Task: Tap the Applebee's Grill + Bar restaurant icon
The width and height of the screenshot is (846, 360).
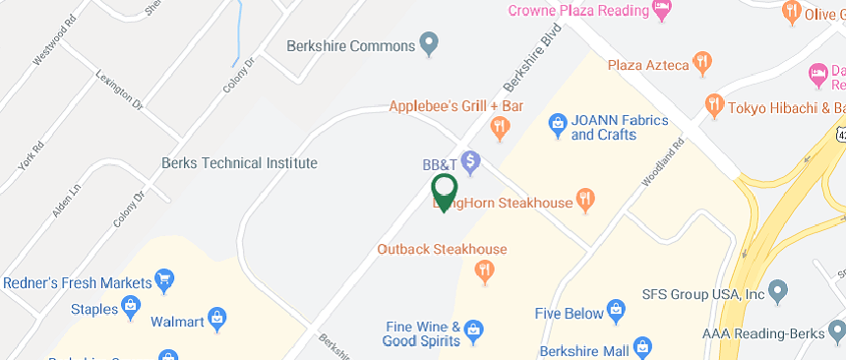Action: tap(500, 125)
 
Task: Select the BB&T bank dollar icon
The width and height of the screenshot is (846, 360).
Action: tap(470, 159)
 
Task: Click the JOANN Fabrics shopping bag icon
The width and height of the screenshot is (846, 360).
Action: tap(556, 122)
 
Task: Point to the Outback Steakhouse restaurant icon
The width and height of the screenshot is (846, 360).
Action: tap(483, 269)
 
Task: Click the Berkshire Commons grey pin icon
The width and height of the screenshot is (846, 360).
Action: tap(428, 43)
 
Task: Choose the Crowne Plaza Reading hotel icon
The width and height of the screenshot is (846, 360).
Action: tap(662, 12)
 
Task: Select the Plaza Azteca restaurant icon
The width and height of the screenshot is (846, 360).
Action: tap(701, 64)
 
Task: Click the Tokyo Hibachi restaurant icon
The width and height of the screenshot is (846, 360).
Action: tap(714, 103)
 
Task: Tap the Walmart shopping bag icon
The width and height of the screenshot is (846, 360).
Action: tap(217, 319)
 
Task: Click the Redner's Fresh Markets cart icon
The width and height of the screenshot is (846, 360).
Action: tap(165, 282)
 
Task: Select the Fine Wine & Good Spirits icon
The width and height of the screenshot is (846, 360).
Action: tap(473, 329)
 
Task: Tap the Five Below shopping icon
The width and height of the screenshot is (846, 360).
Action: tap(617, 310)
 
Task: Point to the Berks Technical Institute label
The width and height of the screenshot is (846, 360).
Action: tap(239, 163)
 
